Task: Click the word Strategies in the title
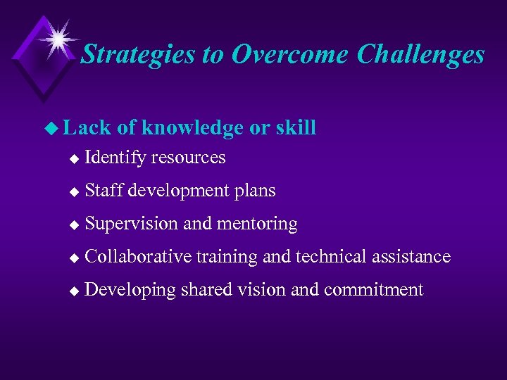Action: click(x=138, y=54)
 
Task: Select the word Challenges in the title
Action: click(x=420, y=54)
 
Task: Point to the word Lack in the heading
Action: click(x=86, y=127)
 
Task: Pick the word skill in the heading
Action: click(x=295, y=127)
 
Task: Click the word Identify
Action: click(x=115, y=158)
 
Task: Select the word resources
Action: click(x=188, y=158)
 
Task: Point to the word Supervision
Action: click(x=131, y=224)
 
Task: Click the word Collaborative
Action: click(x=137, y=256)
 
